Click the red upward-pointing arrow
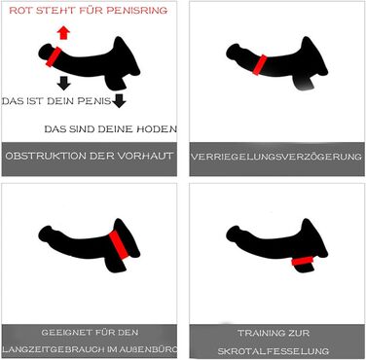tap(63, 33)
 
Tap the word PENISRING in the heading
tap(137, 11)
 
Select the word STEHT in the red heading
tap(55, 11)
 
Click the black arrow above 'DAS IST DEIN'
tap(63, 83)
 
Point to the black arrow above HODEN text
tap(119, 101)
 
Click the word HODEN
tap(157, 129)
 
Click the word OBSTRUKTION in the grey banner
tap(46, 156)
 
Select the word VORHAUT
tap(144, 156)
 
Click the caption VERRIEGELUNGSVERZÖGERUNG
tap(276, 157)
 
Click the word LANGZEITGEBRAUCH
tap(54, 349)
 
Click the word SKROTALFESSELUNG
tap(274, 351)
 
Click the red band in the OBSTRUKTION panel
tap(54, 57)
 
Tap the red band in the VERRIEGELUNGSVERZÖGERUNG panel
tap(260, 65)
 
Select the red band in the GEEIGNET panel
tap(119, 245)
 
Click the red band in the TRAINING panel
tap(302, 261)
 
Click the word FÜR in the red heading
tap(91, 11)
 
